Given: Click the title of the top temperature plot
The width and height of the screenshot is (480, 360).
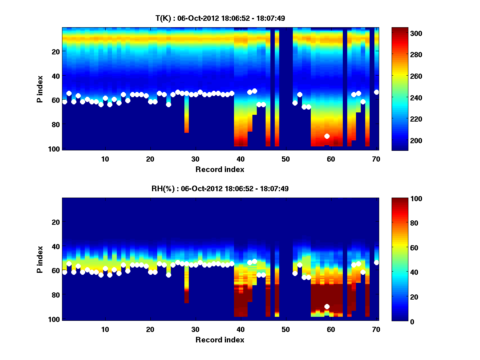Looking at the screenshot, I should click(x=220, y=18).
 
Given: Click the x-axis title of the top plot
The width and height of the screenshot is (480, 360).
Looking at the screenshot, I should click(x=220, y=169).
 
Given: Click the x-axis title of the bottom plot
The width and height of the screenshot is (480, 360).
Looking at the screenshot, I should click(x=220, y=340).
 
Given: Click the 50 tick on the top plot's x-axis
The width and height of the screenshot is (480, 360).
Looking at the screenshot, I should click(x=286, y=158).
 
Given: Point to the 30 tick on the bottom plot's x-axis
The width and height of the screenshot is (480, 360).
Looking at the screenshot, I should click(x=195, y=329).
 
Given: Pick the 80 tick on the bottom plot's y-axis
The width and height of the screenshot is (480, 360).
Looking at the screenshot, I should click(x=55, y=295).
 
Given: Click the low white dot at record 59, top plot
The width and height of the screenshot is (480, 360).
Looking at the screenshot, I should click(x=327, y=136).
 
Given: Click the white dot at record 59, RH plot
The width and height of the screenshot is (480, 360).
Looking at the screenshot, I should click(x=327, y=306).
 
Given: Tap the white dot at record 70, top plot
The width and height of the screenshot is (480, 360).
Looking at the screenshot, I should click(x=376, y=92).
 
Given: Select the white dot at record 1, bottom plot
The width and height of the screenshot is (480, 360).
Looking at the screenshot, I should click(x=65, y=272).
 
